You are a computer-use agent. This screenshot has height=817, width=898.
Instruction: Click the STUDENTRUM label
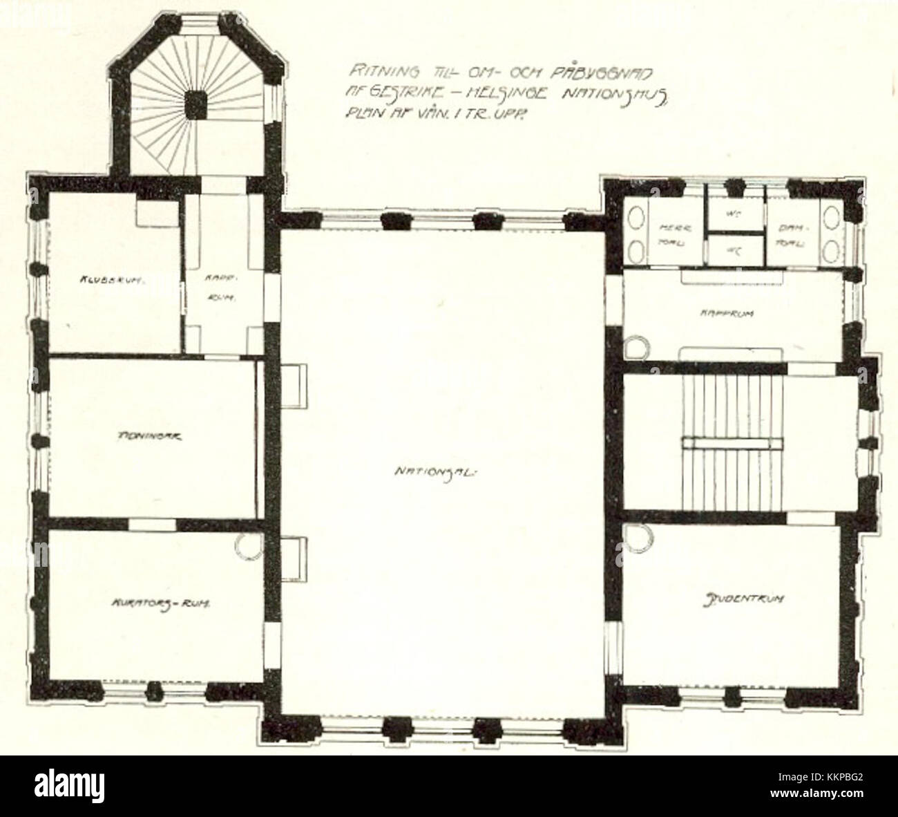point(744,599)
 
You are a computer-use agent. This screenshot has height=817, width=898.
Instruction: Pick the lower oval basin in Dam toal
point(834,250)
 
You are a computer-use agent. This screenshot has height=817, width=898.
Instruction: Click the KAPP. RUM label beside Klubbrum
point(221,290)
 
